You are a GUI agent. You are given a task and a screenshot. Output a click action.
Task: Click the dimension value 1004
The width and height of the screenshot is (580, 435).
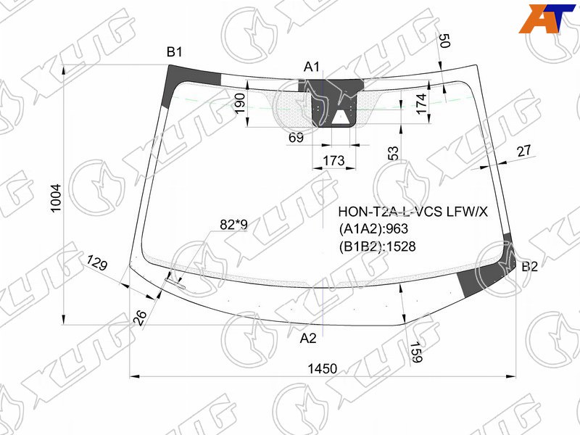56,198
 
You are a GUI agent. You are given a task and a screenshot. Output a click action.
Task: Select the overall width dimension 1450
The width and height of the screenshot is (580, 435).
323,368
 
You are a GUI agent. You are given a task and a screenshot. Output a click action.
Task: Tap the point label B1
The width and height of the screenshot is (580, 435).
174,52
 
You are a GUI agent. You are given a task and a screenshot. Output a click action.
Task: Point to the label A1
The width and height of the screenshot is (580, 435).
312,67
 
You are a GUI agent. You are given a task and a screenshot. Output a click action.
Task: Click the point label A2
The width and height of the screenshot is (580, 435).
308,338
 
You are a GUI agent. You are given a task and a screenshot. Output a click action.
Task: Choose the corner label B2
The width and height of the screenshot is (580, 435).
529,266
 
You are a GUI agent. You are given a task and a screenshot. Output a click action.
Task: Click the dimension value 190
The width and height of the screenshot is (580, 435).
240,103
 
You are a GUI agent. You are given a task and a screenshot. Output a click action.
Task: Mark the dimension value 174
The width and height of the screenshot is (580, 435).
421,104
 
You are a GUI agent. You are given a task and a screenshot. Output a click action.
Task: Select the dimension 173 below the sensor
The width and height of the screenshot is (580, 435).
333,160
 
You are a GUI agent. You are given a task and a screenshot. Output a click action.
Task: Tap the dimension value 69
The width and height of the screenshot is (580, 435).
296,138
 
